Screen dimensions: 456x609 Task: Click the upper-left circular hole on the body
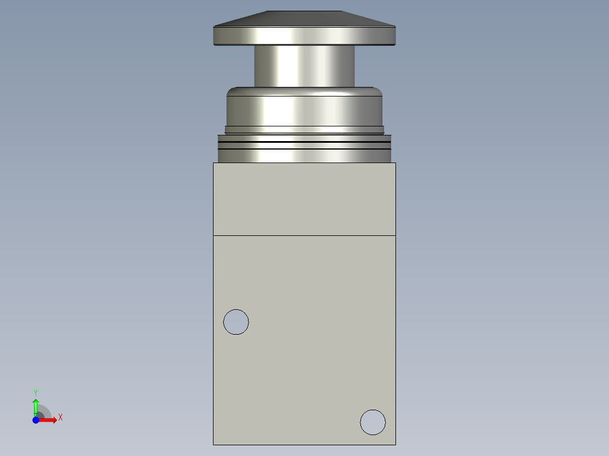tap(236, 322)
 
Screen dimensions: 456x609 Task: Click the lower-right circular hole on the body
tap(373, 422)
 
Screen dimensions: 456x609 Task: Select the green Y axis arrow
tap(36, 406)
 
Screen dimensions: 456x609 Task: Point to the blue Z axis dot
tap(36, 419)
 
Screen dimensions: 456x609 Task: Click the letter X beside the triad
tap(60, 418)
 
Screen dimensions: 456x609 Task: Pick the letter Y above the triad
tap(36, 392)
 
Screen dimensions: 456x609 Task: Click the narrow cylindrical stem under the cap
tap(304, 66)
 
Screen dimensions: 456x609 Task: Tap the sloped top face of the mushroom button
tap(304, 19)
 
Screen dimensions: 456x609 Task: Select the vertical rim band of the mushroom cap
tap(304, 36)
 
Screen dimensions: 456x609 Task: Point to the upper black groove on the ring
tap(304, 143)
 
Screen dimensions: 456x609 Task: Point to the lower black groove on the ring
tap(304, 149)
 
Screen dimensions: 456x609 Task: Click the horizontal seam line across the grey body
tap(304, 235)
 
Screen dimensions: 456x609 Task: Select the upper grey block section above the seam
tap(304, 199)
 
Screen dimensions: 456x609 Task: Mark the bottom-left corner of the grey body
tap(214, 444)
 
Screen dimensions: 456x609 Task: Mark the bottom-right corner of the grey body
tap(395, 444)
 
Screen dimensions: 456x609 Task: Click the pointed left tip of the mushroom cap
tap(214, 27)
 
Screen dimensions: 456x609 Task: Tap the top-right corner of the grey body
tap(395, 163)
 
